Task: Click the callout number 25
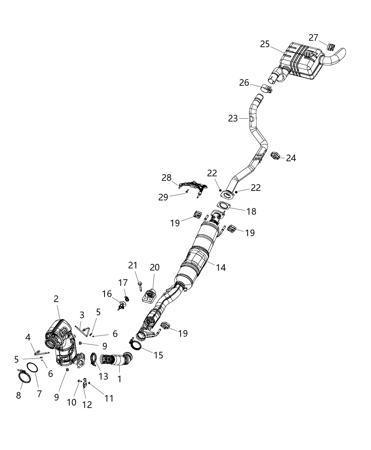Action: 265,44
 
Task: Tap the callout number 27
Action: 313,37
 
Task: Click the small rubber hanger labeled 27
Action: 332,46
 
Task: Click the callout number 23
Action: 233,119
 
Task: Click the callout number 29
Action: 163,197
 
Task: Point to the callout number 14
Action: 221,268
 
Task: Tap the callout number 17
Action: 123,283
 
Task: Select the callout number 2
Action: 56,299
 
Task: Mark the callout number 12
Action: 87,404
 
